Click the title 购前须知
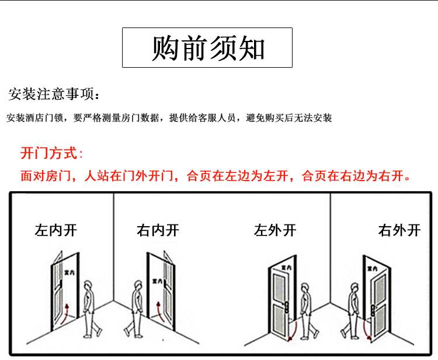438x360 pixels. point(207,48)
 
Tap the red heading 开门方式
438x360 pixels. point(51,154)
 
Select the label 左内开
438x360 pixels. point(56,230)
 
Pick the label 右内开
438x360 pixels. point(158,230)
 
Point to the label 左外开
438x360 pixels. point(275,230)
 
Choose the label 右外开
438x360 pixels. point(399,230)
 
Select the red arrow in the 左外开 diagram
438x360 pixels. point(296,330)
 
